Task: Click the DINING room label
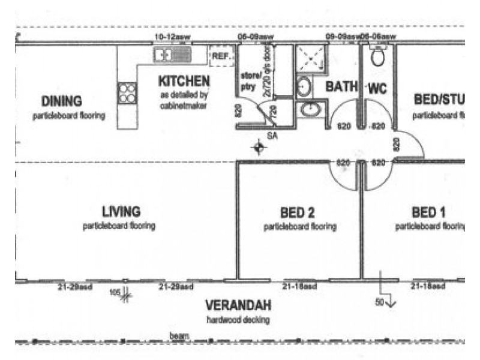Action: [x=62, y=101]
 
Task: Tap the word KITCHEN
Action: [x=184, y=80]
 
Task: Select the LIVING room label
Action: [x=121, y=211]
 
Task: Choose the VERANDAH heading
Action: [x=238, y=304]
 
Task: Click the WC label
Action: [x=377, y=88]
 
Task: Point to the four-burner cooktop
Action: [x=127, y=93]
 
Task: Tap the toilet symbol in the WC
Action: [x=378, y=58]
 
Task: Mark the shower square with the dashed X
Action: [x=310, y=60]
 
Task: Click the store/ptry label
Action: [x=249, y=81]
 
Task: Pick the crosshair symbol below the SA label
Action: [x=259, y=147]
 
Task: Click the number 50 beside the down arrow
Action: [x=379, y=303]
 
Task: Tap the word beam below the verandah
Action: [x=179, y=336]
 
